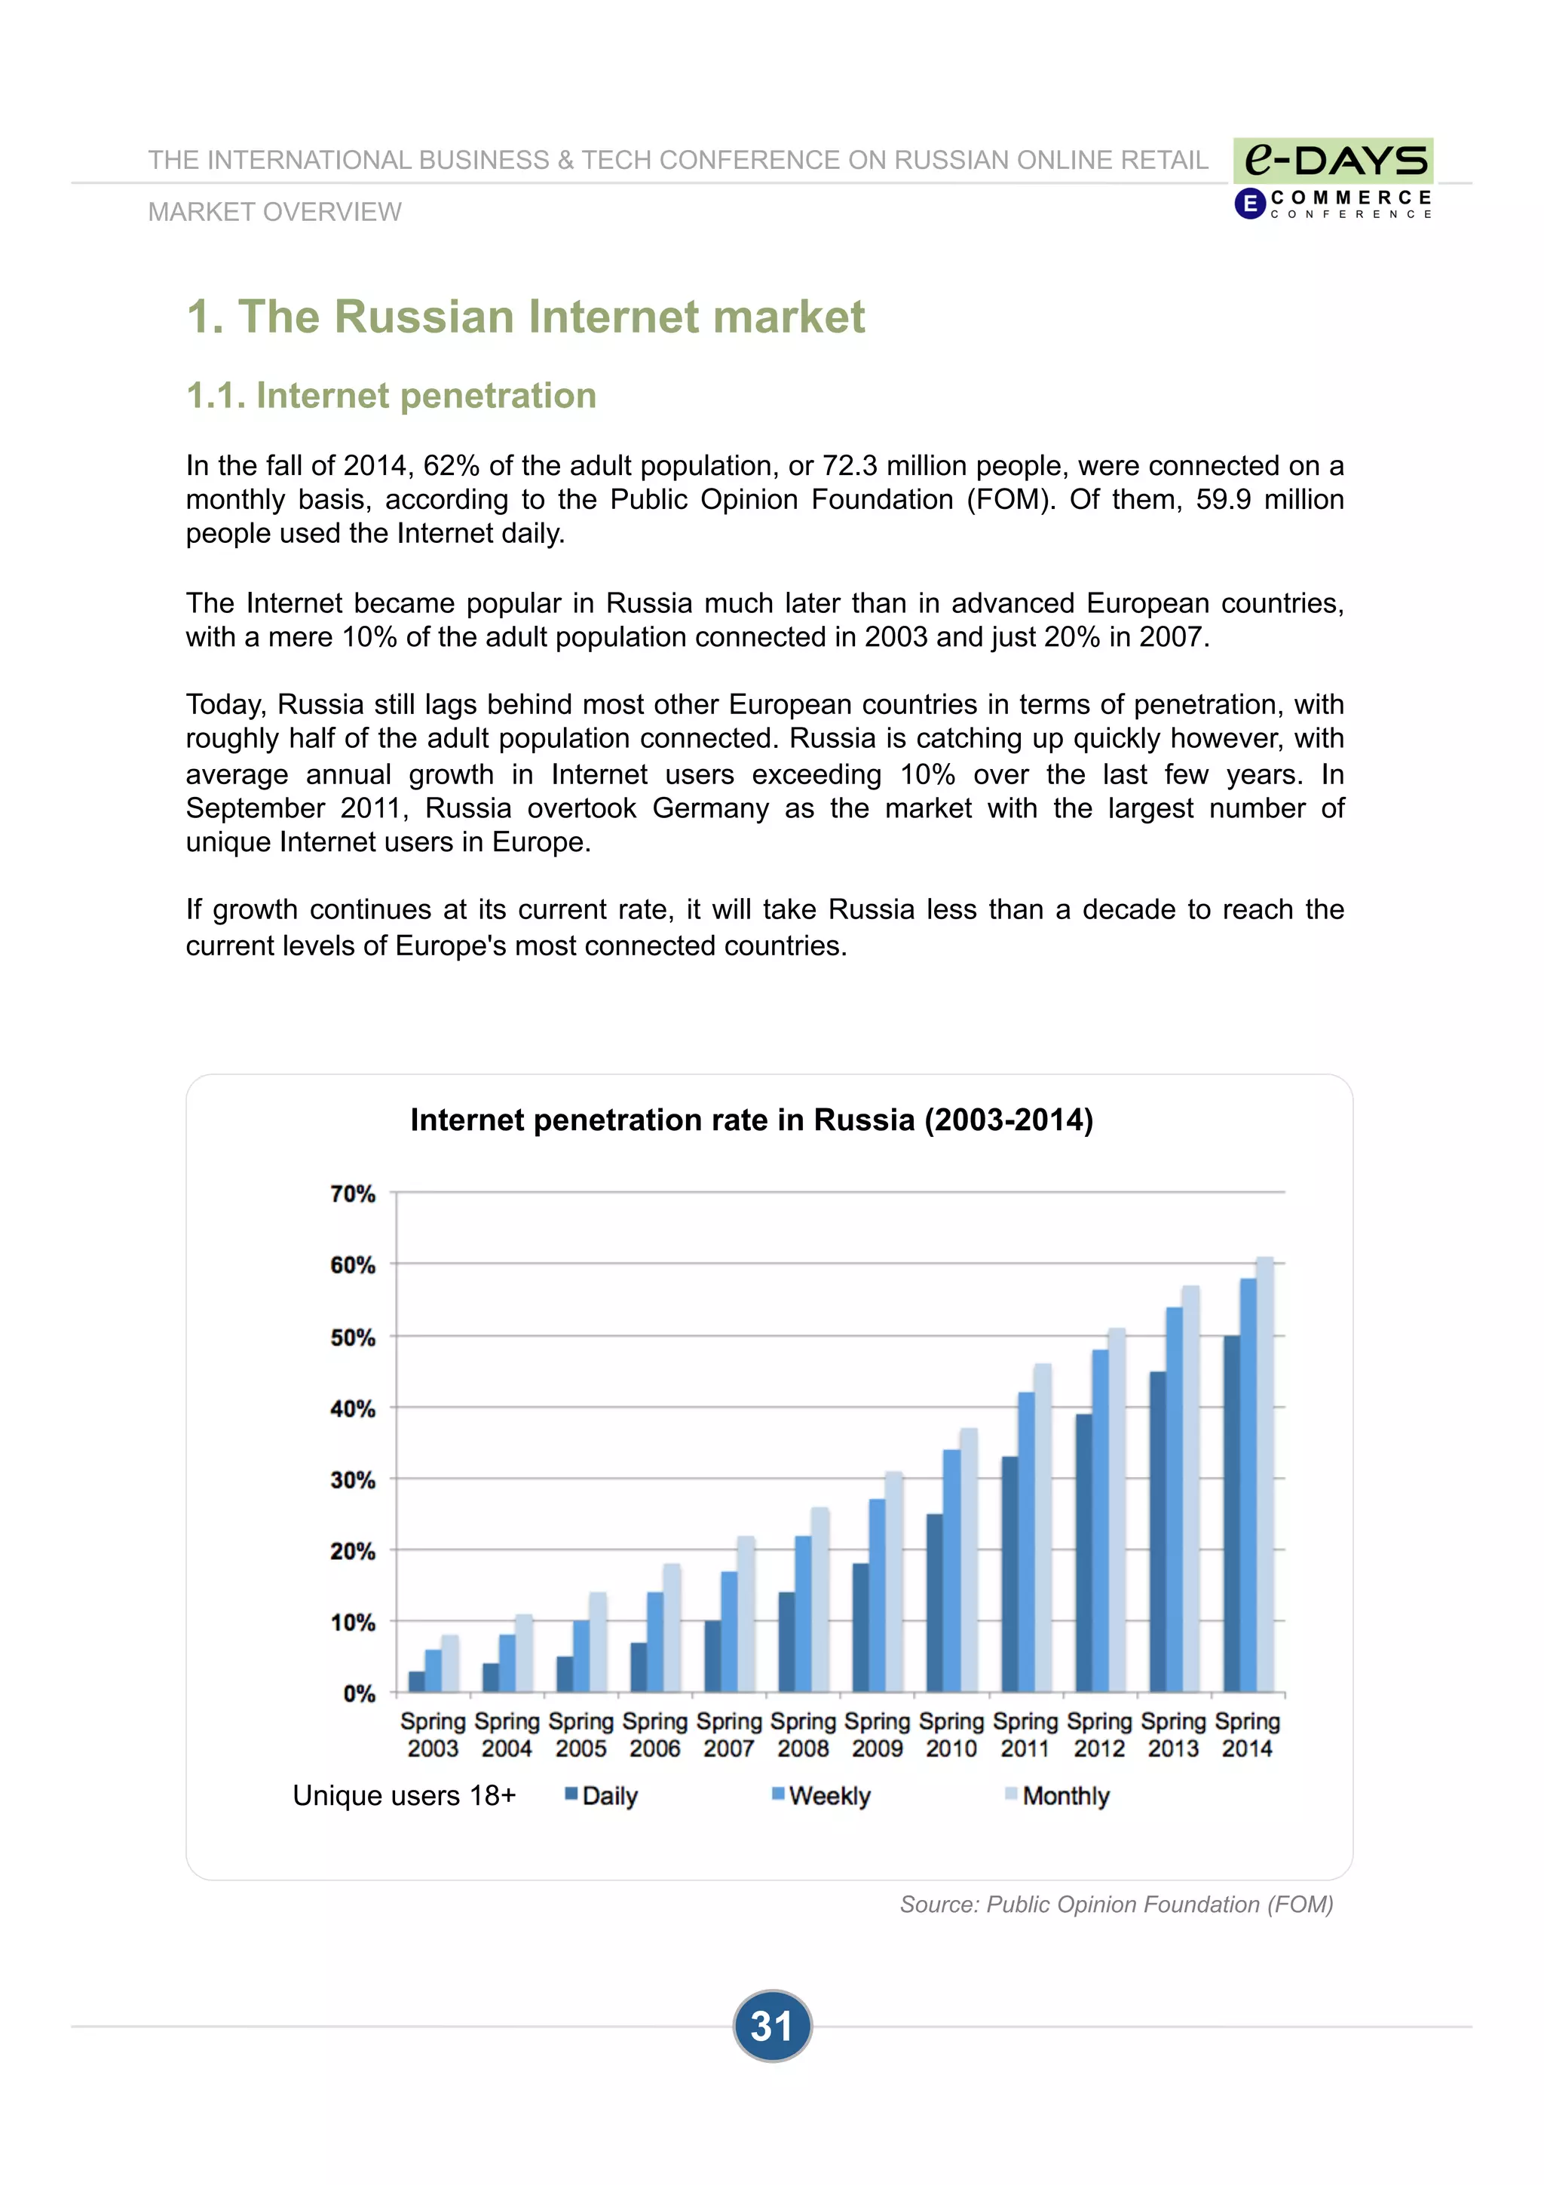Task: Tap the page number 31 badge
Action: click(771, 2026)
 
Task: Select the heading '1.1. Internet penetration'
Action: click(391, 396)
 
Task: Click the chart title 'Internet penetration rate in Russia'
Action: click(752, 1120)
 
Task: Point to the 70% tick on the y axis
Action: click(353, 1194)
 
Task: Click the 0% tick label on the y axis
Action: click(359, 1694)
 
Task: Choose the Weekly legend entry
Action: click(821, 1796)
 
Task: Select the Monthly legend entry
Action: click(1057, 1796)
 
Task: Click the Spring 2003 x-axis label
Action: click(433, 1735)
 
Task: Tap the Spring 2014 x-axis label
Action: click(1247, 1735)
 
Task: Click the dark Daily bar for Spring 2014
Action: click(1231, 1513)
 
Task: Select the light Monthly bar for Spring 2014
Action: click(1264, 1475)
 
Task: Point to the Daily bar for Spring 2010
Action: click(934, 1603)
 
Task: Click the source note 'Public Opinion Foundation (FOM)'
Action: click(1116, 1905)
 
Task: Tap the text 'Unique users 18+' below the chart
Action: click(404, 1796)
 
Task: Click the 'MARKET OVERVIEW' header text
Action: click(275, 212)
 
